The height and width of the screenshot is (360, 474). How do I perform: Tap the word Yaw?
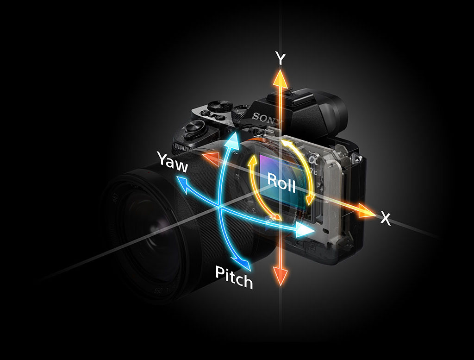172,161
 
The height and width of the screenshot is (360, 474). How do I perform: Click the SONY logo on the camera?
267,120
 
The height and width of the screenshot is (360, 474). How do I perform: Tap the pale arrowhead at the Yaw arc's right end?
305,229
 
